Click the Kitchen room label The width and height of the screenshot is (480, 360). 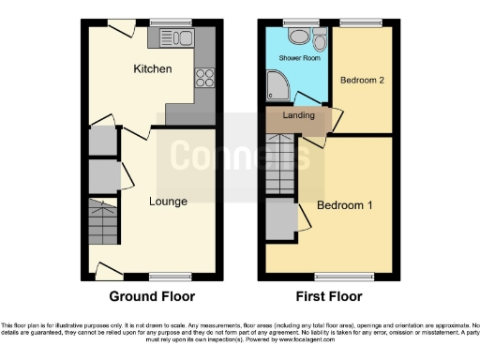coord(152,69)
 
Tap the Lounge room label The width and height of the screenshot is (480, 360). coord(168,201)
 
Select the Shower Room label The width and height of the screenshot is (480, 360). coord(300,58)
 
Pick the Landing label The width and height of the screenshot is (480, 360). coord(298,115)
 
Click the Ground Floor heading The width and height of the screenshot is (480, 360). coord(152,296)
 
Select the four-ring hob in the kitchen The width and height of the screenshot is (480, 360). coord(204,79)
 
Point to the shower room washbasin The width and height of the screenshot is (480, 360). coord(298,37)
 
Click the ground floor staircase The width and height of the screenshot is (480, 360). coord(105,224)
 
